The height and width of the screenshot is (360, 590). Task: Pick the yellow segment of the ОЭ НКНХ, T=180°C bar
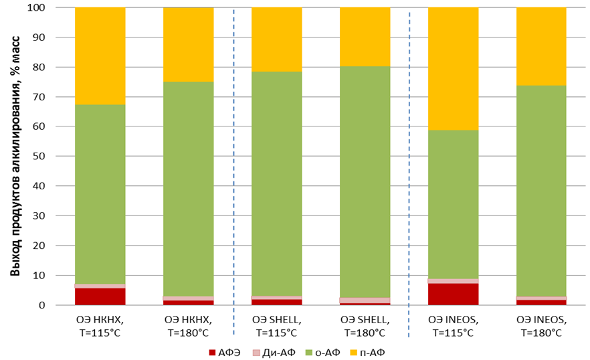point(188,44)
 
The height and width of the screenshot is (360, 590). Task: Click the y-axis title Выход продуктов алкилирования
point(15,157)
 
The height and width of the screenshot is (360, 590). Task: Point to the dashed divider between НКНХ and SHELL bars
point(233,167)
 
